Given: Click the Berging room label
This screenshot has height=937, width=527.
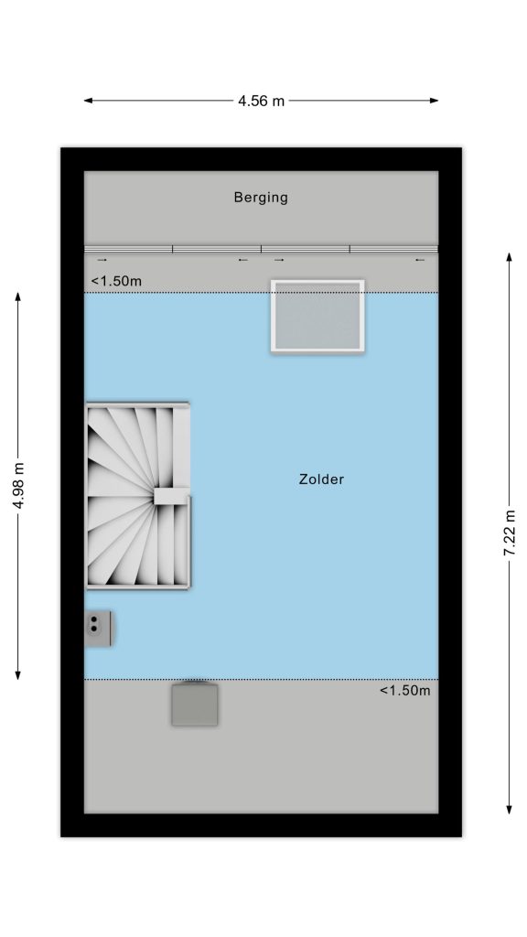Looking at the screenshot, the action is [x=261, y=198].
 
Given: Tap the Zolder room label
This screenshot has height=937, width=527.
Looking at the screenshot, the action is [x=321, y=479].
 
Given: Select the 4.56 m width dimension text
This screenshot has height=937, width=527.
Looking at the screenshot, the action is [x=261, y=101].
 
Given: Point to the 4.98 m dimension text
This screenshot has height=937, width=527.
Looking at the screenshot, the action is [x=18, y=486].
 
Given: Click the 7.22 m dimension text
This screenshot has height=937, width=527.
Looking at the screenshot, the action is [x=510, y=533].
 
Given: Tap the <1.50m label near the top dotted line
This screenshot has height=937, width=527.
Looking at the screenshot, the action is [x=116, y=281].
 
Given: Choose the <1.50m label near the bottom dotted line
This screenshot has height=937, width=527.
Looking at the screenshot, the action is [x=404, y=691].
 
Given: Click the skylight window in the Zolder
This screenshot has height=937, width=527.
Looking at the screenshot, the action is [x=317, y=316].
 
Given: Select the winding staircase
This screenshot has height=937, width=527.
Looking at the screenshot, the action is [x=138, y=495].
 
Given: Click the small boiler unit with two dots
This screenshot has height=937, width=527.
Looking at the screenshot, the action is [x=98, y=628].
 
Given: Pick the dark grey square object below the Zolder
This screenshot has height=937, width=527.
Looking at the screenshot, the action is [x=195, y=705].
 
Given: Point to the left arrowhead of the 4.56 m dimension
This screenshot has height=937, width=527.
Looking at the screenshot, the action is [x=88, y=101].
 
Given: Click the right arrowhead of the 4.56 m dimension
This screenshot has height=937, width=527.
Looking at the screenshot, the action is [x=435, y=101].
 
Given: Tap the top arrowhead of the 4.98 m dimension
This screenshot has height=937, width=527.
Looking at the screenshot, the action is [x=18, y=297].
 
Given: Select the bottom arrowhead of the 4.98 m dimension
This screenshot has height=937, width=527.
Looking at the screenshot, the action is [x=18, y=675].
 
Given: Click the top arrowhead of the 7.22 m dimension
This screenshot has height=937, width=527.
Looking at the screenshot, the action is [x=509, y=257].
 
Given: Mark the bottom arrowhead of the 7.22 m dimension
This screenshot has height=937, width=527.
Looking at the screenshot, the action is [x=509, y=809].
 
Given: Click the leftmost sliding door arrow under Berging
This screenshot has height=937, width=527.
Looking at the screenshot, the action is [x=102, y=259].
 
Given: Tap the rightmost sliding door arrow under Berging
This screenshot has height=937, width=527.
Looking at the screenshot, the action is [x=420, y=259].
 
